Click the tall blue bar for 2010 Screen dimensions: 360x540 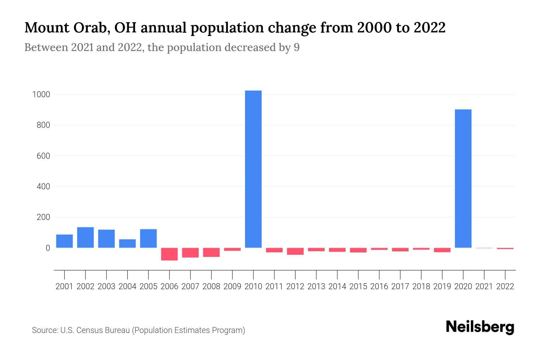tap(253, 169)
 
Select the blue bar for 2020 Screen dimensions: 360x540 tap(463, 178)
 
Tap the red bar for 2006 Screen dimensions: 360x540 tap(169, 254)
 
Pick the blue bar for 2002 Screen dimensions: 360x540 tap(85, 237)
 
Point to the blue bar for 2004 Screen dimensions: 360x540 tap(127, 243)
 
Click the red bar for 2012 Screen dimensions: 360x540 tap(295, 251)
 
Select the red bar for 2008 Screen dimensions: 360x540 tap(211, 252)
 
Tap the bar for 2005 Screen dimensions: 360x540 tap(148, 238)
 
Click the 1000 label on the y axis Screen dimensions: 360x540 tap(41, 94)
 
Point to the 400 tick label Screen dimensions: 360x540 tap(43, 187)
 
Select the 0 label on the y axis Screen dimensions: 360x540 tap(48, 248)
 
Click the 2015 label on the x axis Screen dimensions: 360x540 tap(358, 286)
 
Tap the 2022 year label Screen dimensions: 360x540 tap(505, 286)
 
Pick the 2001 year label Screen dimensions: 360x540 tap(64, 286)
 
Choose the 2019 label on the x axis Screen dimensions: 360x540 tap(442, 286)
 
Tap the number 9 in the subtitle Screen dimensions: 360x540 tap(296, 47)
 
